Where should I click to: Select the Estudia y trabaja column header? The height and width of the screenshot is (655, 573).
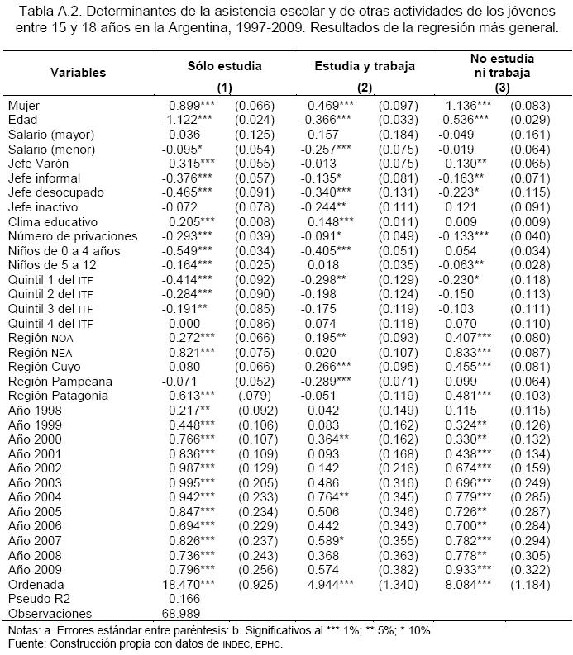tap(365, 65)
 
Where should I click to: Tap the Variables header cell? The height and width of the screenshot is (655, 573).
tap(78, 73)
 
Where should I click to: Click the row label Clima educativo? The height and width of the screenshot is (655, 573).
tap(52, 222)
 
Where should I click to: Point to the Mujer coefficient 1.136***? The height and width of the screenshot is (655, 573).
tap(475, 106)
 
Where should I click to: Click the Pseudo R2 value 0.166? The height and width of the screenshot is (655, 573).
tap(184, 599)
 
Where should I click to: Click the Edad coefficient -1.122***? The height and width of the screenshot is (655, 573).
tap(189, 121)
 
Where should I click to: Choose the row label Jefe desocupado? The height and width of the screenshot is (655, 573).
tap(55, 193)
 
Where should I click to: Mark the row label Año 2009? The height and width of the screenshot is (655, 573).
tap(36, 570)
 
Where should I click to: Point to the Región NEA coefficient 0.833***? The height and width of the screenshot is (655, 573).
tap(475, 353)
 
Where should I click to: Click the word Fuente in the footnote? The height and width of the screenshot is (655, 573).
tap(24, 644)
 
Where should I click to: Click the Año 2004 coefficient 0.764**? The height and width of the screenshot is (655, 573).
tap(331, 497)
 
